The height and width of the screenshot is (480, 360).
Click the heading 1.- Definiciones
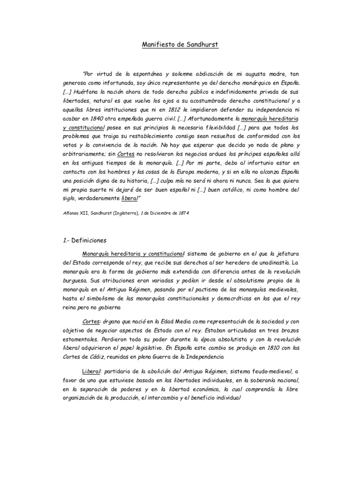point(85,240)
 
